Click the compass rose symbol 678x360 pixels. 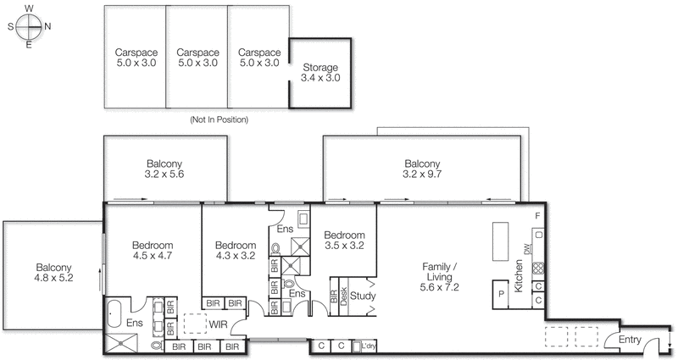pyautogui.click(x=30, y=25)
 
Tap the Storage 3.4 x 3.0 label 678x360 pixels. pyautogui.click(x=320, y=73)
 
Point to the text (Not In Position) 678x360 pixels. pyautogui.click(x=220, y=119)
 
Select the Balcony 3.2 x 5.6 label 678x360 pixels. pyautogui.click(x=164, y=169)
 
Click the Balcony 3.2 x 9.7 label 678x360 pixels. pyautogui.click(x=421, y=169)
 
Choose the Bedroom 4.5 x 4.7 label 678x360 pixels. pyautogui.click(x=153, y=252)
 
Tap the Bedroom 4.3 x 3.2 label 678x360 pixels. pyautogui.click(x=235, y=252)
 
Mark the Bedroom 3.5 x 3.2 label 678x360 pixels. pyautogui.click(x=344, y=241)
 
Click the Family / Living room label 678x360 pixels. pyautogui.click(x=442, y=277)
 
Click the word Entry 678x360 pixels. pyautogui.click(x=630, y=339)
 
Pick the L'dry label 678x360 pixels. pyautogui.click(x=368, y=346)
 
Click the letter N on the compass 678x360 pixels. pyautogui.click(x=48, y=25)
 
